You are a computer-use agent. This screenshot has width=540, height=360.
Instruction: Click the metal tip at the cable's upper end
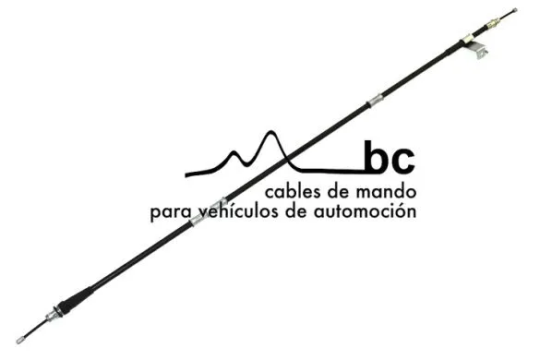pos(514,13)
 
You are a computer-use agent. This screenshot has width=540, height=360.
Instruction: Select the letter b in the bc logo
pos(376,158)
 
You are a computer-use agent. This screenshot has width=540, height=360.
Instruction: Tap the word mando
pos(389,193)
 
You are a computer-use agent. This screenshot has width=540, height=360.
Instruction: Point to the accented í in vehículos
pos(239,211)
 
